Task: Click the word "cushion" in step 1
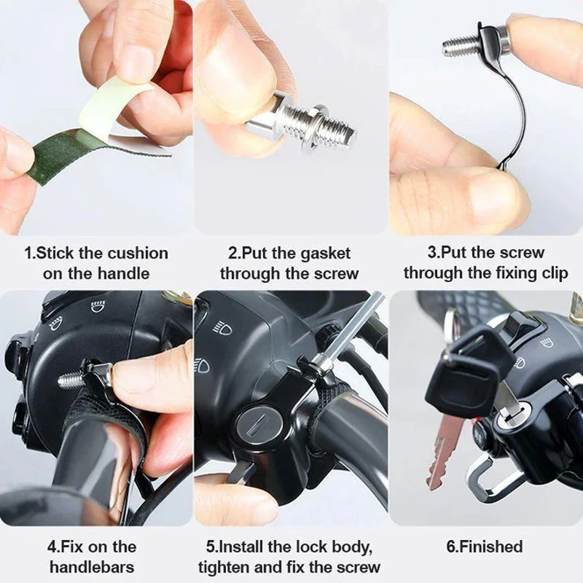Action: (138, 254)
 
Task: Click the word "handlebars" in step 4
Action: (92, 566)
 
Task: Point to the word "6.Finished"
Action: (485, 547)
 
